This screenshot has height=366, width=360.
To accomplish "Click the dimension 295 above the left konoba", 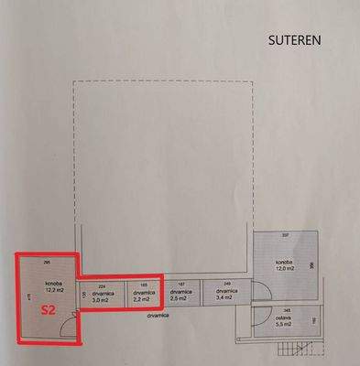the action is [46, 264].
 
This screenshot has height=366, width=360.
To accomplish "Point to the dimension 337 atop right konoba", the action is [285, 237].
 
